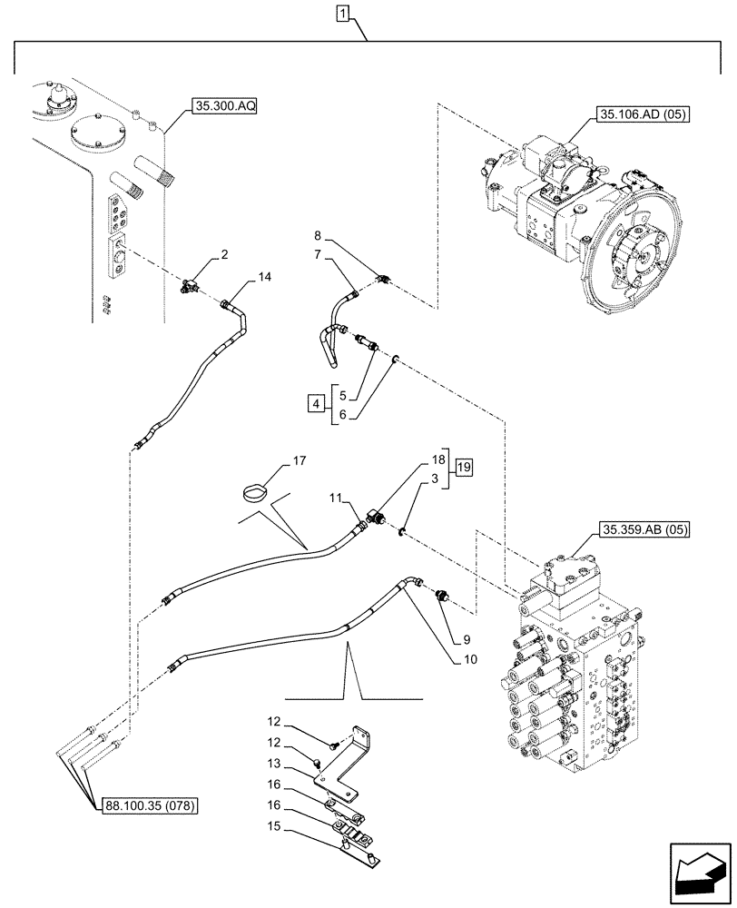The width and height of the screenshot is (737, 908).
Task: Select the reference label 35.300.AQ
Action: (224, 106)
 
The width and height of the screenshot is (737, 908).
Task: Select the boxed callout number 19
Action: (464, 469)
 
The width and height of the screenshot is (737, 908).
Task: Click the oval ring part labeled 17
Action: (257, 494)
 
